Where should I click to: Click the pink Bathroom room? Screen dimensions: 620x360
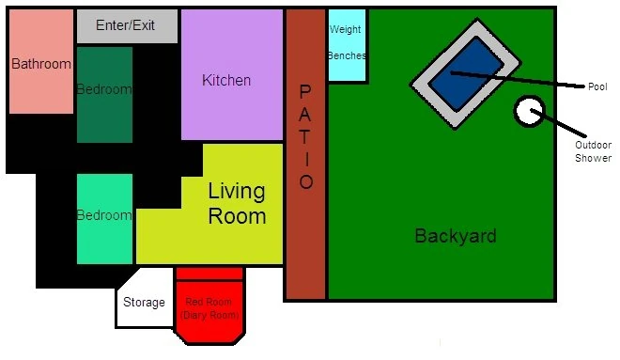tap(41, 62)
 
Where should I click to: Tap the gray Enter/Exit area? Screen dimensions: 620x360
tap(127, 26)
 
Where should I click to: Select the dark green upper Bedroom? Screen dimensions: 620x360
tap(104, 95)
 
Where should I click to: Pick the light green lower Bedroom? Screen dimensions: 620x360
tap(104, 219)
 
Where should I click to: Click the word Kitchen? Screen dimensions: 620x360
tap(226, 80)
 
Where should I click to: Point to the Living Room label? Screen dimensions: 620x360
tap(237, 204)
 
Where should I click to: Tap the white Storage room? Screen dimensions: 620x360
tap(145, 298)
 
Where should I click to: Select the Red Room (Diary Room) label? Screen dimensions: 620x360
tap(209, 308)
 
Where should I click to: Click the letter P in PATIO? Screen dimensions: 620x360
tap(305, 92)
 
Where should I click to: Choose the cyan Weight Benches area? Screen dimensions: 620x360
tap(347, 45)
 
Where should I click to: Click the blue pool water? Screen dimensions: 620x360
tap(466, 74)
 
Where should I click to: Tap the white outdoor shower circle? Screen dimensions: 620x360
tap(529, 111)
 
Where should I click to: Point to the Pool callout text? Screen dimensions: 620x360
tap(597, 86)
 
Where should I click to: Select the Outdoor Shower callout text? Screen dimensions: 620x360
tap(593, 151)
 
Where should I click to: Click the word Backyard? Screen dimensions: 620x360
tap(456, 236)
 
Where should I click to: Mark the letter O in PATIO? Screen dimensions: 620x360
tap(306, 182)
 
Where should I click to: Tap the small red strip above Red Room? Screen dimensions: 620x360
tap(209, 274)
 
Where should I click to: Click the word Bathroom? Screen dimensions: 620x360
tap(41, 64)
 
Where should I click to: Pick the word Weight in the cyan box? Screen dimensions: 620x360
tap(345, 30)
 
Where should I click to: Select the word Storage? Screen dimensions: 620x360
tap(144, 303)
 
